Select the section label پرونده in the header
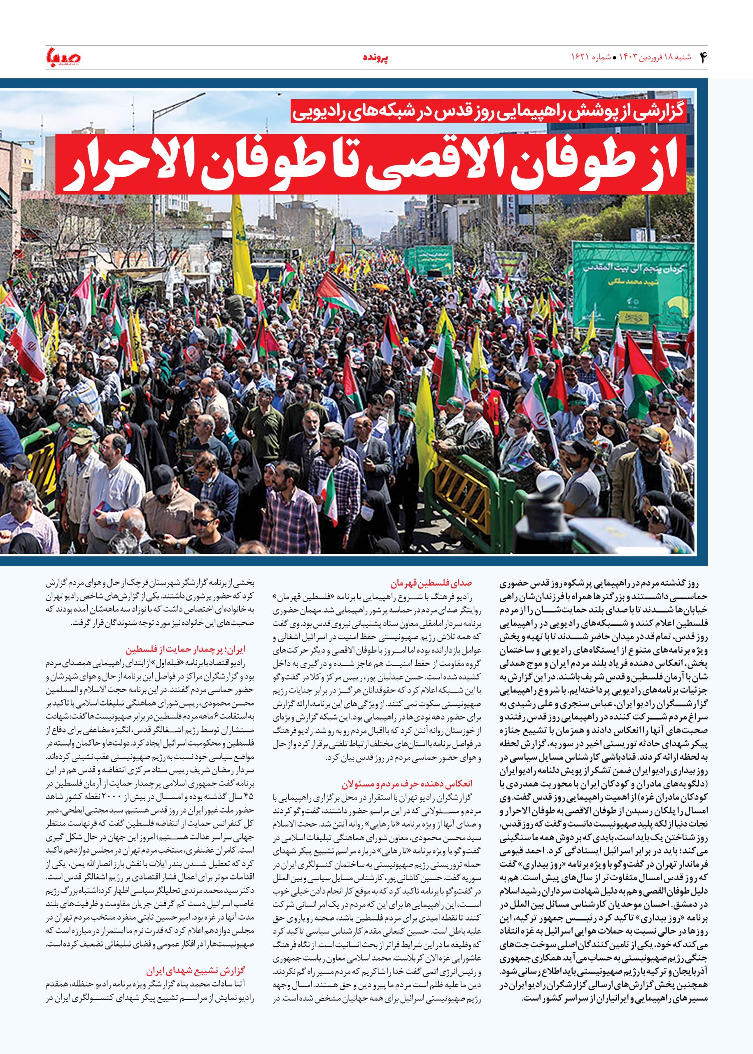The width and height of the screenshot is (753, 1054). pos(376,58)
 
